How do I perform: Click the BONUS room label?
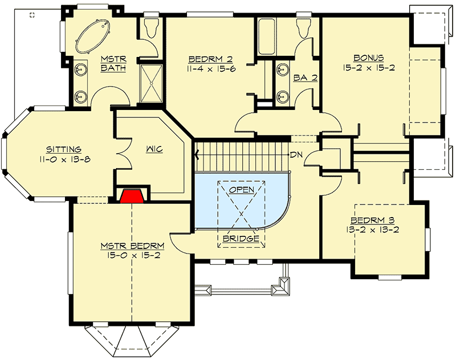click(x=368, y=58)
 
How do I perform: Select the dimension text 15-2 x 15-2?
click(x=368, y=67)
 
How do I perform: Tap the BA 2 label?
click(x=306, y=78)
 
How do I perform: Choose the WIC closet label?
click(x=154, y=149)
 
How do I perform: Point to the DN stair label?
click(x=296, y=154)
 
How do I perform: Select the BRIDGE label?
click(x=241, y=238)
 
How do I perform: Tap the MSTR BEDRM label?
click(x=132, y=247)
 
